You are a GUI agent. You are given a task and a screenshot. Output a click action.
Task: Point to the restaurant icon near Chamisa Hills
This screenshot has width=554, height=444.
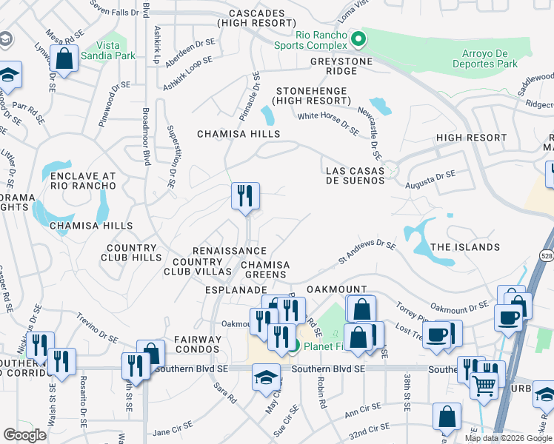pyautogui.click(x=245, y=196)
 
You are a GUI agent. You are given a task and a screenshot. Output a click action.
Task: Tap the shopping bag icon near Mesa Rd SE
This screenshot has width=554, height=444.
pyautogui.click(x=64, y=58)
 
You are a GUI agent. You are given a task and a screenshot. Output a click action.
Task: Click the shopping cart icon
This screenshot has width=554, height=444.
pyautogui.click(x=484, y=385)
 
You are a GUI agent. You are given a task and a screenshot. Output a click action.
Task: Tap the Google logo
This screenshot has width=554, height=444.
pyautogui.click(x=24, y=435)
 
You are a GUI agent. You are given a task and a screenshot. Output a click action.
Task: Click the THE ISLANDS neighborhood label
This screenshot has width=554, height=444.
pyautogui.click(x=465, y=247)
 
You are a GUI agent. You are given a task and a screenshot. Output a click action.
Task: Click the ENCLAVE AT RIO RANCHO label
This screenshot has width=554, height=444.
pyautogui.click(x=83, y=181)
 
